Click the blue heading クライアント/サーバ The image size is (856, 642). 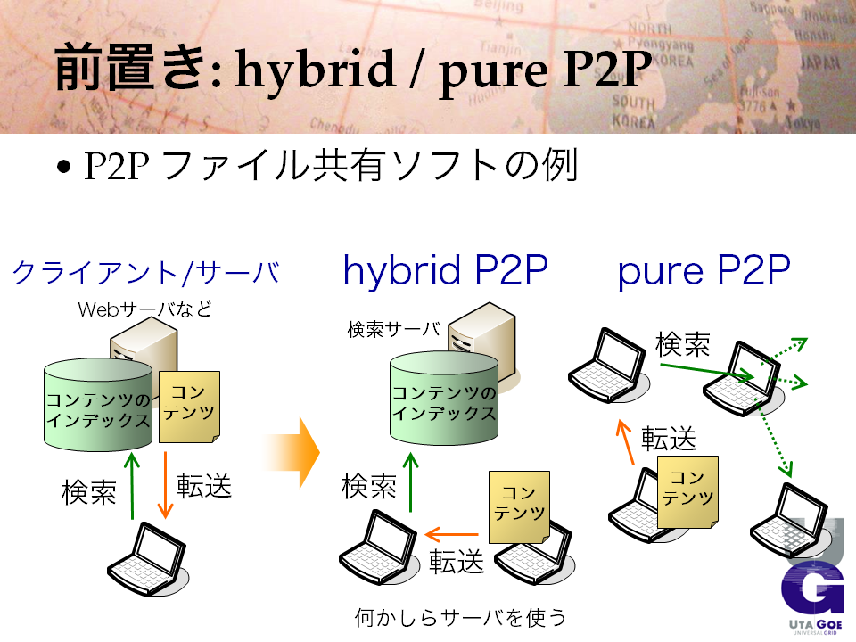pyautogui.click(x=145, y=273)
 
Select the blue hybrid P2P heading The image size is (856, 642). pyautogui.click(x=445, y=270)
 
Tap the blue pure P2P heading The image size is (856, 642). pyautogui.click(x=704, y=271)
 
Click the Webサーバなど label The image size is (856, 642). pyautogui.click(x=144, y=309)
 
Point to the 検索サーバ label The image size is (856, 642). pyautogui.click(x=393, y=329)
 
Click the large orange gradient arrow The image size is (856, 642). pyautogui.click(x=292, y=452)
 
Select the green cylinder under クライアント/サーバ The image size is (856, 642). pyautogui.click(x=98, y=405)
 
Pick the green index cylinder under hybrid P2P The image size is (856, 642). pyautogui.click(x=444, y=398)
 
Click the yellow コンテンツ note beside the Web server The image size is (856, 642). pyautogui.click(x=189, y=407)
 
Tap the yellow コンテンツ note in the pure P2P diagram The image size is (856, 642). pyautogui.click(x=687, y=492)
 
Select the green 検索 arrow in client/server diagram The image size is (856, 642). pyautogui.click(x=132, y=485)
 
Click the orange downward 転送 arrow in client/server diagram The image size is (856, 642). pyautogui.click(x=165, y=485)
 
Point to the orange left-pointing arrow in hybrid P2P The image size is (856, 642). pyautogui.click(x=451, y=534)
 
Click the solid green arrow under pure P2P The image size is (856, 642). pyautogui.click(x=706, y=371)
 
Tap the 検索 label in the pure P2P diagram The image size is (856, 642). pyautogui.click(x=682, y=344)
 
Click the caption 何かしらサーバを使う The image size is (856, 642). pyautogui.click(x=460, y=617)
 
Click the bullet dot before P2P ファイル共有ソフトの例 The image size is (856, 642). pyautogui.click(x=64, y=166)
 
